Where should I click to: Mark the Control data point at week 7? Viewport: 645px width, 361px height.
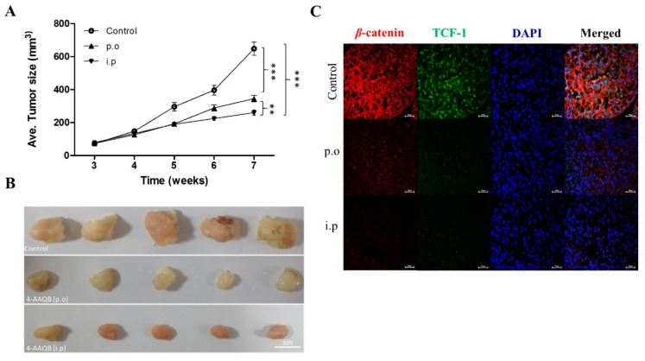tap(253, 48)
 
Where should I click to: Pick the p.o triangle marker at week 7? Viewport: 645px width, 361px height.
tap(253, 99)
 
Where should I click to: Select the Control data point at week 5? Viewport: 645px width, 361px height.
tap(174, 106)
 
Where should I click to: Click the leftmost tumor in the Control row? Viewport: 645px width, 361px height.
tap(44, 229)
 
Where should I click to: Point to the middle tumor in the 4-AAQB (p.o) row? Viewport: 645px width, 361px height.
tap(171, 279)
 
